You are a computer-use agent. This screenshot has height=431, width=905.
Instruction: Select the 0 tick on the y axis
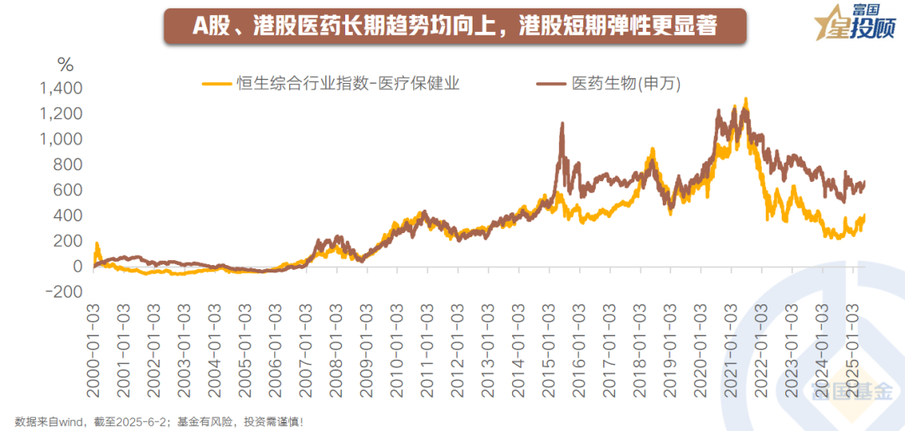[x=78, y=267]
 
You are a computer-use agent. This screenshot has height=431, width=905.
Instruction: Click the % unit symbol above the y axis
[x=65, y=65]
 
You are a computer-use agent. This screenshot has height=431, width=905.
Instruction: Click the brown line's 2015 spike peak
[x=561, y=124]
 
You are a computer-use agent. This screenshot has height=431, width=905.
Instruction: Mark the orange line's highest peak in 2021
[x=746, y=99]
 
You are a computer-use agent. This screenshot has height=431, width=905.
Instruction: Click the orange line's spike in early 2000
[x=97, y=244]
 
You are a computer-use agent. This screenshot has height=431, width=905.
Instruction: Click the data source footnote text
[x=158, y=420]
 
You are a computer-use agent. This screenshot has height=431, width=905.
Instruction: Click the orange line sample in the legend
[x=215, y=83]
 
